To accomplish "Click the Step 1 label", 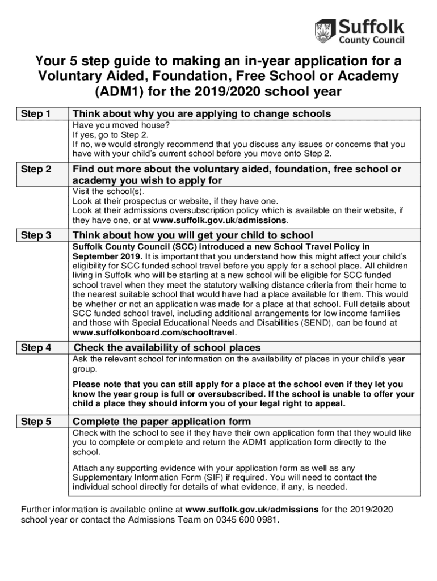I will pos(36,114).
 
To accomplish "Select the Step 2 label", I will pos(36,170).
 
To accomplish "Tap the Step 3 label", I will pos(36,235).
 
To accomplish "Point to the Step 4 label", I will pos(36,348).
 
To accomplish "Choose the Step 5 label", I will pos(36,422).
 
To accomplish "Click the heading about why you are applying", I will pos(201,114).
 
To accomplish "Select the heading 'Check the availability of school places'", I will pos(168,348).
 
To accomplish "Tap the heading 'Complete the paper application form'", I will pos(162,422).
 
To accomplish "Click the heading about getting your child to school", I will pos(193,235).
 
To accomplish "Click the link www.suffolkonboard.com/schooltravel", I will pos(154,332).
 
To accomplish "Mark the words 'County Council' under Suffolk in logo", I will pos(371,40).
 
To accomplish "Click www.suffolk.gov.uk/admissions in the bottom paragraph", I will pos(252,509).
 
